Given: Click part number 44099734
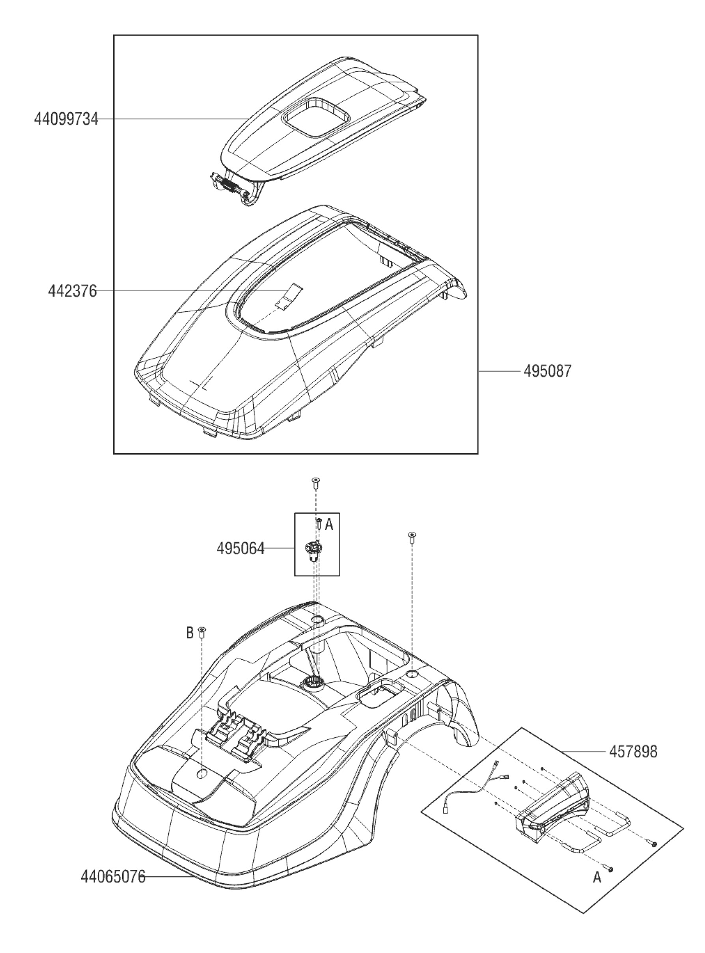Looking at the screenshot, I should tap(66, 119).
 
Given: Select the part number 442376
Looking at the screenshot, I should tap(72, 291).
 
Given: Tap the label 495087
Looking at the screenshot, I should tap(546, 371).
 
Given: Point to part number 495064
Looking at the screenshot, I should tap(240, 549).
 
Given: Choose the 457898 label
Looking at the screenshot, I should tap(633, 751).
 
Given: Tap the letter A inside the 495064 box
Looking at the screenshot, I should tap(328, 524).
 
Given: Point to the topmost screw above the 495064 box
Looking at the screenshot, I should tap(316, 482).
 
